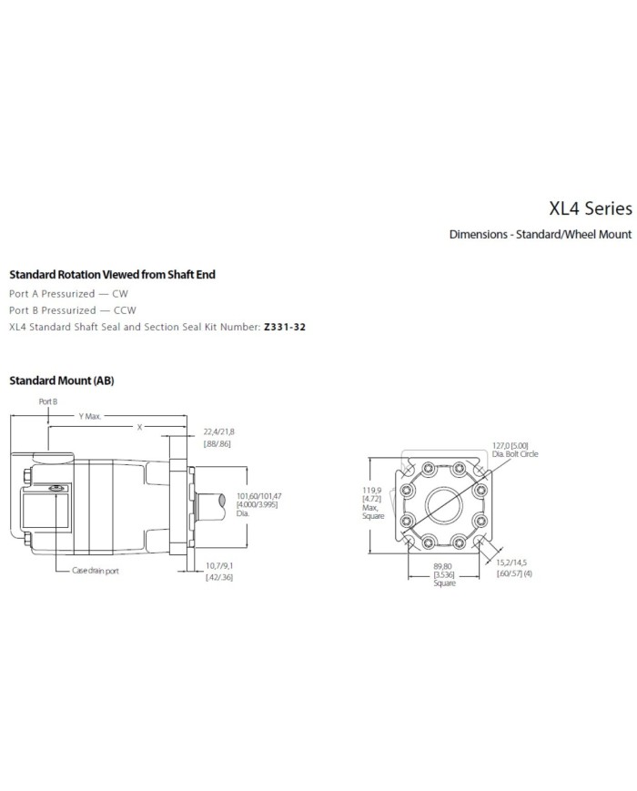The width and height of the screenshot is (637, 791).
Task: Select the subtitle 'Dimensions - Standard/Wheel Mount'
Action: pos(540,234)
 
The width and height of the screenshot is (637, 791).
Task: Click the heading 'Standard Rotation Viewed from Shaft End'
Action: pos(112,274)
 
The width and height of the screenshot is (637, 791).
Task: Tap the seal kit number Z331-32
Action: pos(284,325)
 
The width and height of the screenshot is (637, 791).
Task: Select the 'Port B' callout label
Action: pos(47,401)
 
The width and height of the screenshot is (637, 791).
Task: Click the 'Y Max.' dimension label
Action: pos(90,415)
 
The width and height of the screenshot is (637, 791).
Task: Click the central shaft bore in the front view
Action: pos(445,502)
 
